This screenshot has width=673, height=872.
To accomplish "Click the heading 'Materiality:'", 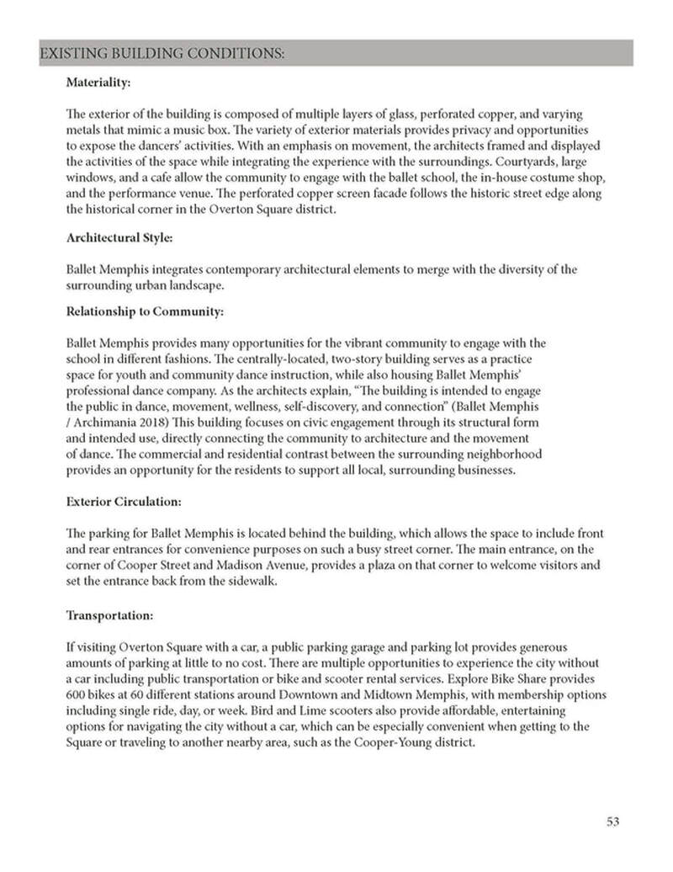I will tap(98, 84).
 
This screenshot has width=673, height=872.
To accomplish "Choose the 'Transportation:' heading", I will tap(109, 615).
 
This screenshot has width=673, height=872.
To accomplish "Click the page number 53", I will tap(612, 821).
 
